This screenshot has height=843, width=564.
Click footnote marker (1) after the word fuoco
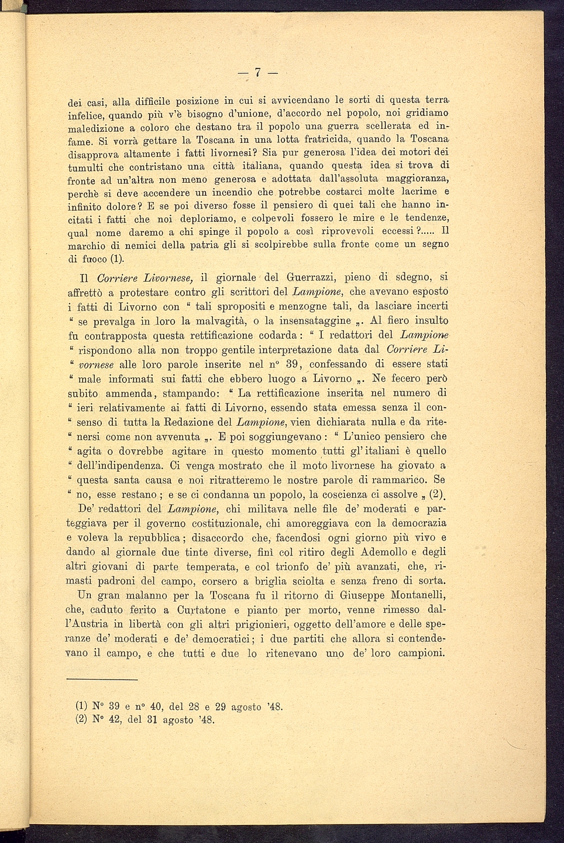point(118,258)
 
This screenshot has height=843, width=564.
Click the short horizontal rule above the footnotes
point(102,680)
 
